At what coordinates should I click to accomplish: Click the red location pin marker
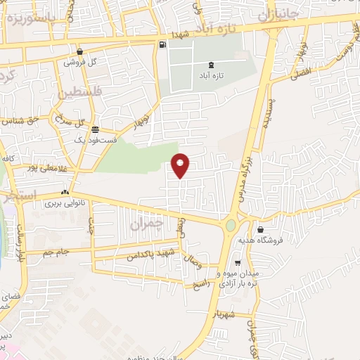[181, 165]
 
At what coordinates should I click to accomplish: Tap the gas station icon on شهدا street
[163, 46]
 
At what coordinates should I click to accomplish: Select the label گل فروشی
[79, 62]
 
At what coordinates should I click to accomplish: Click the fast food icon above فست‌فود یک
[95, 129]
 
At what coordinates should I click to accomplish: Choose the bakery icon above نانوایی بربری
[65, 192]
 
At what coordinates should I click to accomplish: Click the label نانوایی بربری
[65, 203]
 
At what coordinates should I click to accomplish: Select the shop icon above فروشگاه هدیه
[260, 229]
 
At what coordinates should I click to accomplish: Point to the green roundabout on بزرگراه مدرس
[231, 226]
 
